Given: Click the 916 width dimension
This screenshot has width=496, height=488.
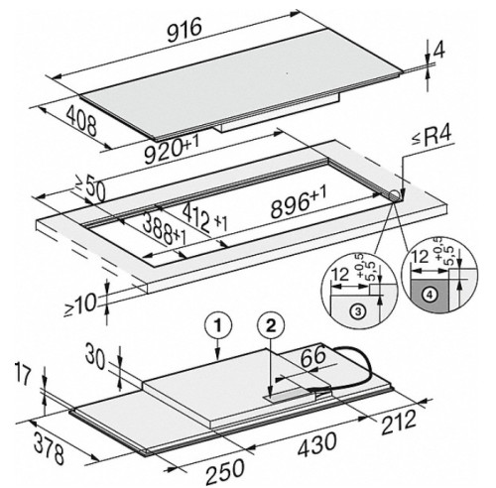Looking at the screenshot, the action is pos(185,31).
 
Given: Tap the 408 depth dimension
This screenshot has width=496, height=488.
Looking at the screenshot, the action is pos(81,122).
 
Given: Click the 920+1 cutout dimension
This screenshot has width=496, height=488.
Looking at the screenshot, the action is pos(171,151).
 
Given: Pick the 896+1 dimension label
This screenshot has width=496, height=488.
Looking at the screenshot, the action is pos(299,202).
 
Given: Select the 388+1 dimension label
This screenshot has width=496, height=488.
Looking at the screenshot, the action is pos(165,229).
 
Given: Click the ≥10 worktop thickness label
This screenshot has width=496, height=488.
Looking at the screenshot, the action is pos(80,305).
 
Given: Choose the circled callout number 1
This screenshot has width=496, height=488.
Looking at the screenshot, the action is pos(217,327).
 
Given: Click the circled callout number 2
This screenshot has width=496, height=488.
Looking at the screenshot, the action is pos(271,327).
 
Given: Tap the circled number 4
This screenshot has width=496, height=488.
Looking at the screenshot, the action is pos(430,295).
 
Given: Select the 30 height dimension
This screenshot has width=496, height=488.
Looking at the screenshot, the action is pos(95,359).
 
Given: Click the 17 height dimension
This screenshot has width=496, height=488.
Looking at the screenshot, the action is pos(23,376).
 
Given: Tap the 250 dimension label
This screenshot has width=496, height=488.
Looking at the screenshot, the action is pos(225,470).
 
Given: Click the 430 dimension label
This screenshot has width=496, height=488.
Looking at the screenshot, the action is pos(316,443).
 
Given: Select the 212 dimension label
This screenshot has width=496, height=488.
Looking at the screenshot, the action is pos(399,423).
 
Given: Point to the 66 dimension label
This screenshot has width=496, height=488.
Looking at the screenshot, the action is pos(312,358).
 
